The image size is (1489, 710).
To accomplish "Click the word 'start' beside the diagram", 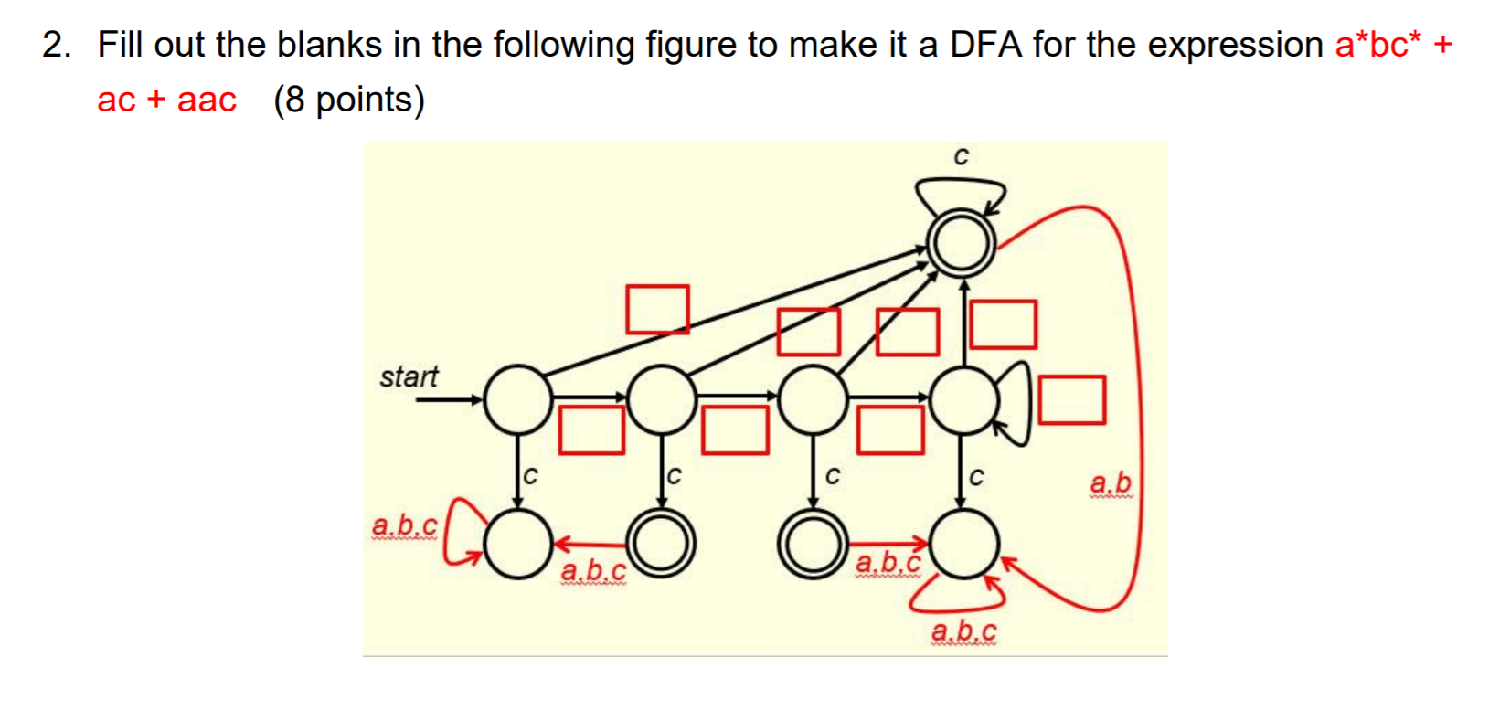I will [409, 376].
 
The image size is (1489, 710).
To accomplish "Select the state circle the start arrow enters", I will [518, 399].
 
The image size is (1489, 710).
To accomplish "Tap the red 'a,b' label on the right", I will [1110, 482].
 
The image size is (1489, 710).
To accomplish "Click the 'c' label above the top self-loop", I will [961, 157].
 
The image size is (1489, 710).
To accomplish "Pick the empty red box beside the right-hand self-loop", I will [1071, 400].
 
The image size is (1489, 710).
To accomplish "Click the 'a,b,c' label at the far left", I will [404, 526].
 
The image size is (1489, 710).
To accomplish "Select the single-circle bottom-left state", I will [518, 544].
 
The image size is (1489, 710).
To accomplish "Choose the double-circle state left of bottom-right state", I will [812, 545].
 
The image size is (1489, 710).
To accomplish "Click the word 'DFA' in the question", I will [986, 44].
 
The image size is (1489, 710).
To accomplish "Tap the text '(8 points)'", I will [349, 100].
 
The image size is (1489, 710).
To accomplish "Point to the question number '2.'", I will [57, 44].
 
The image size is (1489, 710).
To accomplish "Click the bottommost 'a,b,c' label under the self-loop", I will [963, 631].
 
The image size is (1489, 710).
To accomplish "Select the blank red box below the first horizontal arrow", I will [591, 430].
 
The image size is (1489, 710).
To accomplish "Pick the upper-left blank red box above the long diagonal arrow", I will [657, 309].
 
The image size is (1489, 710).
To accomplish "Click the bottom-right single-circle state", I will [963, 545].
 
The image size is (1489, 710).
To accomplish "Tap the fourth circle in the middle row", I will [963, 399].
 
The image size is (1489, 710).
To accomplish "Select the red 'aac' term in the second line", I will [207, 100].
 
